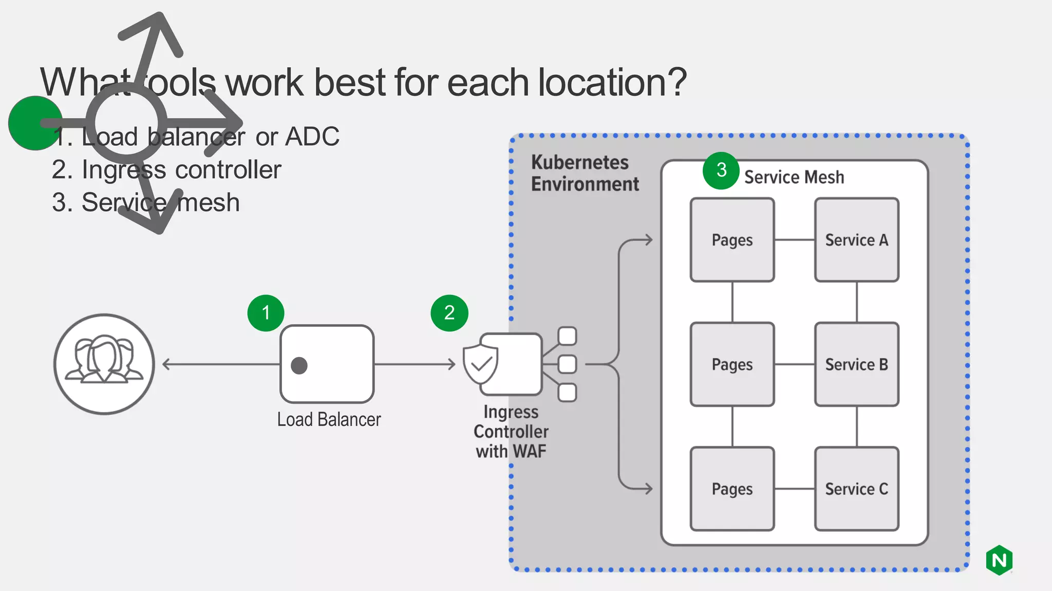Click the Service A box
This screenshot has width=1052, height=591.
856,240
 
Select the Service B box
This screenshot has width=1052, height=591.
856,364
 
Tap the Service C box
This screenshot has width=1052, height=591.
856,488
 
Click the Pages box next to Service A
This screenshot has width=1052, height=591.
732,240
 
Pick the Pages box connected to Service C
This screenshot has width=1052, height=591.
732,488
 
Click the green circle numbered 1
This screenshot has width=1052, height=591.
266,313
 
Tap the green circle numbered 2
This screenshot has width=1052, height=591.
449,313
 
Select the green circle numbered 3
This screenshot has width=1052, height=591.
721,170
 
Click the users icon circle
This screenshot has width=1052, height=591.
104,364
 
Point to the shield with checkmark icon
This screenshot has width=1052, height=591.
481,364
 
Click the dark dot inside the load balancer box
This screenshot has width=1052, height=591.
299,365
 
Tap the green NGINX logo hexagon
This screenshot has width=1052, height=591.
999,560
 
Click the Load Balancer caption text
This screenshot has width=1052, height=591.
329,420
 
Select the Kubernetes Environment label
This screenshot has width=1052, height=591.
584,173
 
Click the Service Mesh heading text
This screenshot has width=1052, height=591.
794,178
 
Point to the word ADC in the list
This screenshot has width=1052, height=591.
312,137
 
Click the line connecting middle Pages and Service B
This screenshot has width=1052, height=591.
794,364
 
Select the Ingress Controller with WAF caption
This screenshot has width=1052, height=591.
511,431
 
